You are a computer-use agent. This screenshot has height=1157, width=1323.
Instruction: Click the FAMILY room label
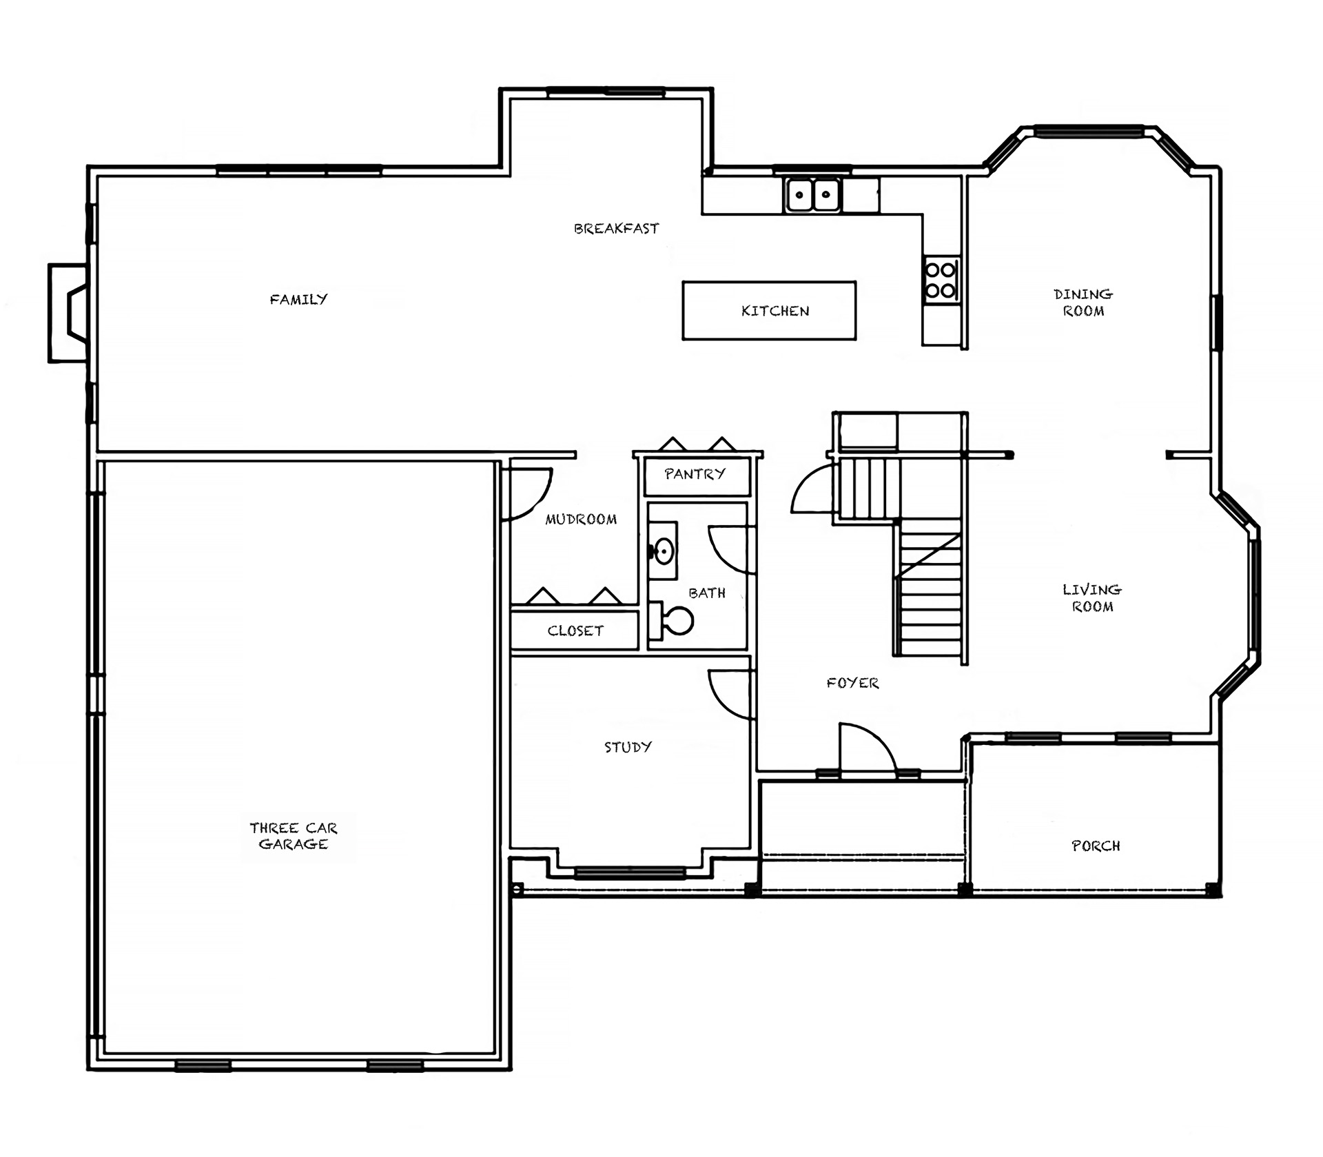(298, 299)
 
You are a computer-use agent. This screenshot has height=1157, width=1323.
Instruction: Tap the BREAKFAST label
(616, 228)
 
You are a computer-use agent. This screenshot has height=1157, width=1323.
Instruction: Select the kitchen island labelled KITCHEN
(769, 310)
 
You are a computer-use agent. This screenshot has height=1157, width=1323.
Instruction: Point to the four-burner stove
(941, 280)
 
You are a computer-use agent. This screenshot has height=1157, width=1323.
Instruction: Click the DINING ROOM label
(1083, 303)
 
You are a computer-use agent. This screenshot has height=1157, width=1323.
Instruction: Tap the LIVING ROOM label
(1092, 598)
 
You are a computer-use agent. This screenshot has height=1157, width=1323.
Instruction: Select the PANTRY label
(695, 473)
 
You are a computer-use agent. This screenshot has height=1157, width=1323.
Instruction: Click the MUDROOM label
(581, 519)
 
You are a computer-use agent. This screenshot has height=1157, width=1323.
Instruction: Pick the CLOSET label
(575, 631)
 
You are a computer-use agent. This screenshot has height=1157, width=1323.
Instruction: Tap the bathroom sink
(663, 551)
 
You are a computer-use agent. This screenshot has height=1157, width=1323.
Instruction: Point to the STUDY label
(628, 747)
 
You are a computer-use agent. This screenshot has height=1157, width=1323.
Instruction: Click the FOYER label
(852, 683)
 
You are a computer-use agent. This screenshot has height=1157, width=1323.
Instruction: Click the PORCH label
(1096, 846)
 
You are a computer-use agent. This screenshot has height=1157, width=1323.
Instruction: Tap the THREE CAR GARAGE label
(294, 836)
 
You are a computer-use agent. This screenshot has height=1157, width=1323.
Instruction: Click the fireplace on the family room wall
(68, 313)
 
